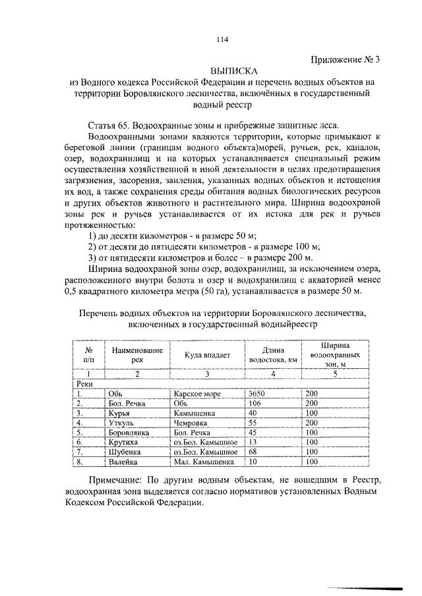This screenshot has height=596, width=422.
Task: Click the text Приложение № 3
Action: [x=344, y=60]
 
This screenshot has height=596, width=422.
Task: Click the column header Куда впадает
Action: [x=206, y=355]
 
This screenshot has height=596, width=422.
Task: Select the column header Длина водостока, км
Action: [x=272, y=355]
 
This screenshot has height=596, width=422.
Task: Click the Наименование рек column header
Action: [x=136, y=355]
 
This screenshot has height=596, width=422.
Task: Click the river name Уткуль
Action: [x=120, y=423]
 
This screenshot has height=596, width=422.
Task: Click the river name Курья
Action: [x=119, y=413]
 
